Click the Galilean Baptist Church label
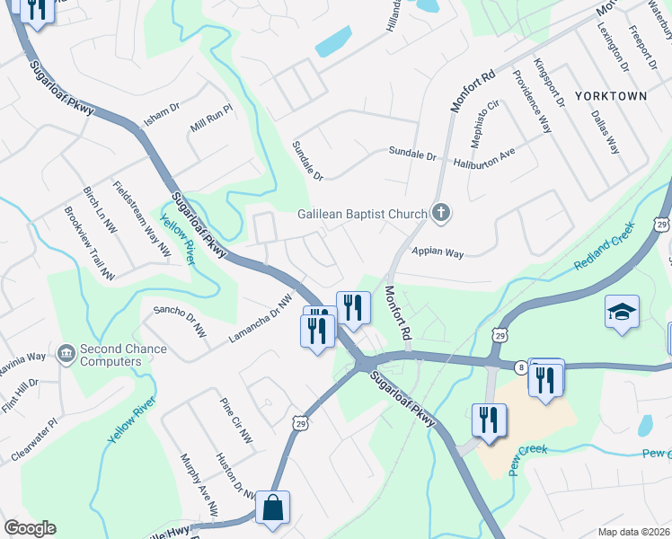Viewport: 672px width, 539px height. click(x=362, y=214)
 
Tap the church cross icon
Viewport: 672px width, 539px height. click(x=439, y=213)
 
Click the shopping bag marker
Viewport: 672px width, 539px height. click(x=272, y=508)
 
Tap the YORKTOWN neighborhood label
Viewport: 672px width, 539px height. click(x=611, y=95)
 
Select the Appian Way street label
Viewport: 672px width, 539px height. click(x=438, y=252)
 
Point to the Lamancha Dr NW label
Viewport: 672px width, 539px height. click(x=261, y=319)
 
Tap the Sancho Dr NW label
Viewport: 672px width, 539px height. click(x=181, y=322)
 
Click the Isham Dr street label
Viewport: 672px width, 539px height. click(x=163, y=114)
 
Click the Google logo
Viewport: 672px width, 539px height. click(x=30, y=528)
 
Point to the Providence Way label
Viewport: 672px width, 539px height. click(x=532, y=100)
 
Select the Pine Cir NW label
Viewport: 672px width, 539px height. click(x=236, y=420)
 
